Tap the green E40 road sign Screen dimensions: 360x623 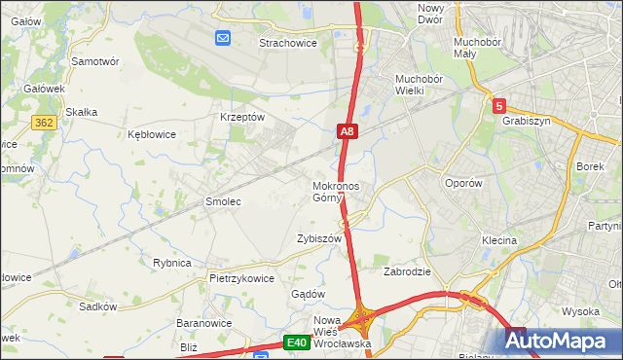click(x=297, y=342)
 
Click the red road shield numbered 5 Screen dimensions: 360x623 click(x=498, y=105)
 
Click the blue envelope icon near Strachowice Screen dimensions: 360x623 click(x=223, y=38)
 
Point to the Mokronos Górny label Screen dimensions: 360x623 click(x=336, y=192)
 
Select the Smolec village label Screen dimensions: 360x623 click(x=222, y=201)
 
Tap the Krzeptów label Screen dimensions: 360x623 click(x=243, y=117)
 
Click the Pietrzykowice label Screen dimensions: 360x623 click(x=241, y=277)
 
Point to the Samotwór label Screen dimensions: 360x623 click(x=95, y=60)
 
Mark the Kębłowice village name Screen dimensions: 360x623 click(x=152, y=134)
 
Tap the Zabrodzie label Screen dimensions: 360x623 click(x=407, y=271)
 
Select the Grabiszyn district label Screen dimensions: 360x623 click(x=527, y=122)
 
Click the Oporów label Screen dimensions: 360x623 click(x=462, y=183)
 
